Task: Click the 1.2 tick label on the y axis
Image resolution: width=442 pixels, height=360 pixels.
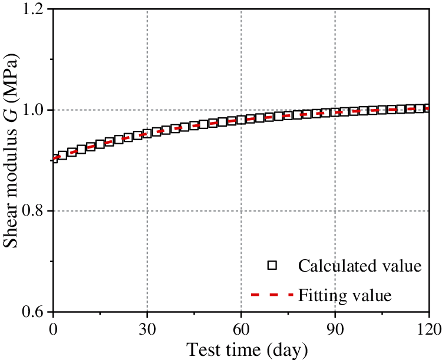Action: click(x=34, y=10)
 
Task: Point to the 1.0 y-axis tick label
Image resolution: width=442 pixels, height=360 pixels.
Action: click(x=34, y=110)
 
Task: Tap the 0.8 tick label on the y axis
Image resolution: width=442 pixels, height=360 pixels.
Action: click(x=34, y=211)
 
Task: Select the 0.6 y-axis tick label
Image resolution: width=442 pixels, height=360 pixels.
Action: click(x=34, y=312)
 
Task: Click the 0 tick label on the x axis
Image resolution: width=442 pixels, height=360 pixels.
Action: click(x=53, y=328)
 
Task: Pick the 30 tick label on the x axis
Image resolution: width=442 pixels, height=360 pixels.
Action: click(x=147, y=328)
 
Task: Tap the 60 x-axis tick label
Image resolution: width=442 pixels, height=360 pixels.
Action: click(x=241, y=328)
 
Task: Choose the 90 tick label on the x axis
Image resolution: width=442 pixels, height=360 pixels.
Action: click(x=335, y=328)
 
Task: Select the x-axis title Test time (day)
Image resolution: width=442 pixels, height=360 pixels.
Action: click(x=248, y=349)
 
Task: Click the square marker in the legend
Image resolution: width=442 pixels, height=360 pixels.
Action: click(x=272, y=266)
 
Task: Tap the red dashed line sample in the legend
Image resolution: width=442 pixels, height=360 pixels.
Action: click(x=272, y=293)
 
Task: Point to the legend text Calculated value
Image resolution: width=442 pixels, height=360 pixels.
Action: click(x=359, y=266)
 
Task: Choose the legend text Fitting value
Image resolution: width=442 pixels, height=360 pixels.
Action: click(x=345, y=293)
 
